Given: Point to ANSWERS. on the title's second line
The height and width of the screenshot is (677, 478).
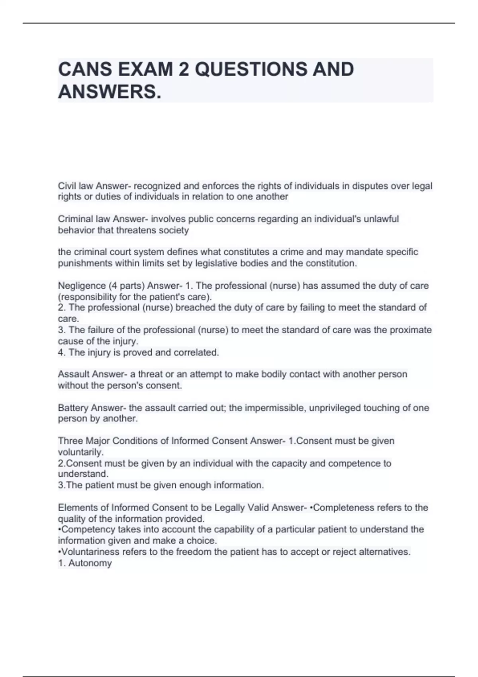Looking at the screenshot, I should (x=110, y=92).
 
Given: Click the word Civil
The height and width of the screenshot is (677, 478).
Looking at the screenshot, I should (x=67, y=186).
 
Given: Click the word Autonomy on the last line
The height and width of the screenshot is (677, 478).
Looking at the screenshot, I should (x=90, y=563).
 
